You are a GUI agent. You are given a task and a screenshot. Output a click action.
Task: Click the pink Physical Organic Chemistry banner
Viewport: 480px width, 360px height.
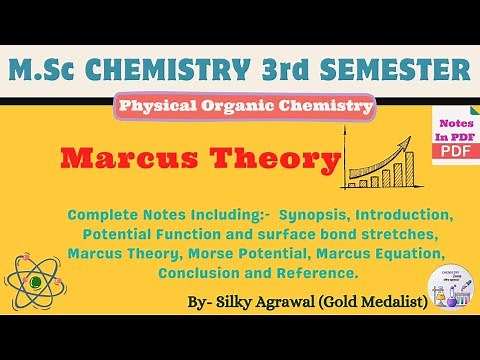tap(246, 106)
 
